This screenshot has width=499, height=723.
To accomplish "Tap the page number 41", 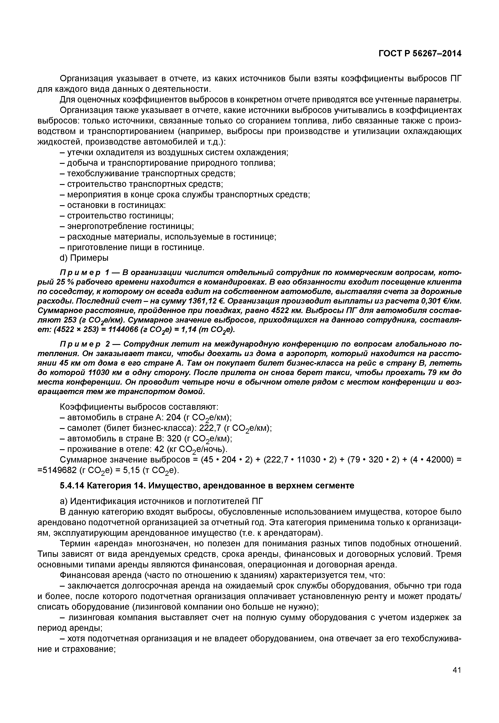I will coord(457,679).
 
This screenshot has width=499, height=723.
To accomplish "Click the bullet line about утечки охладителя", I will coord(174,152).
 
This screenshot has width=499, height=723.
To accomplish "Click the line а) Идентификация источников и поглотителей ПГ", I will coord(162,501).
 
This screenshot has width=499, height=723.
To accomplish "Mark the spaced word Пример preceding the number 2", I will coord(80,344).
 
